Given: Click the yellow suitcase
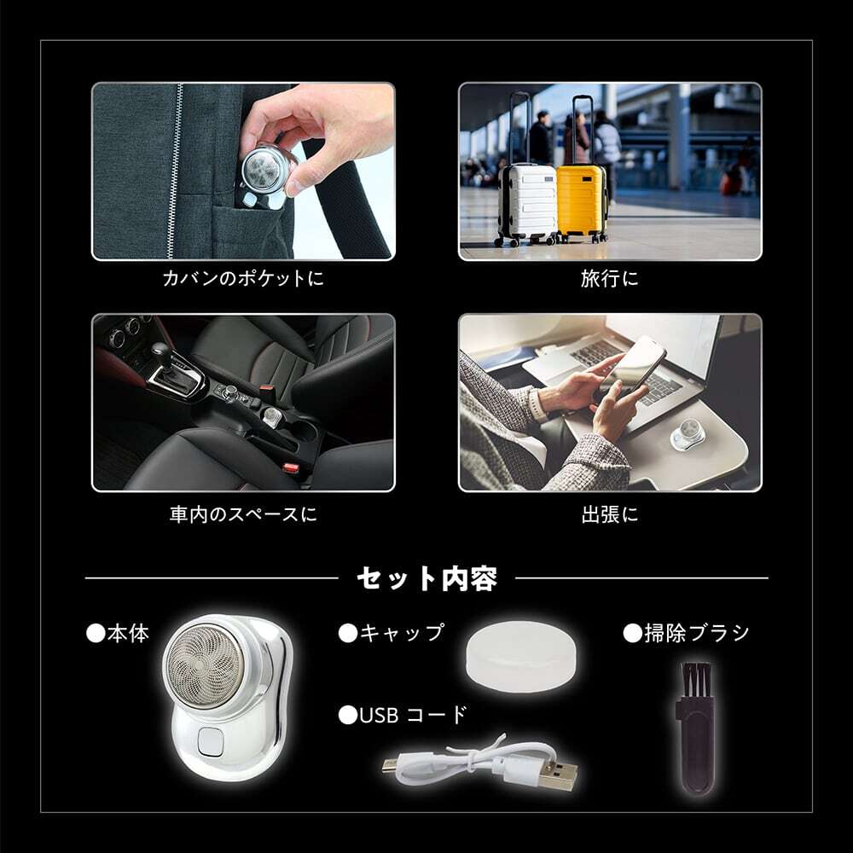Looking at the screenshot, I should pos(581,201).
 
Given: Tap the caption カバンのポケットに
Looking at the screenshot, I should pos(243,278).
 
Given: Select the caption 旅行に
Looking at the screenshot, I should pos(609,278).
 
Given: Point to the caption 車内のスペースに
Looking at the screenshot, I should pos(243,515).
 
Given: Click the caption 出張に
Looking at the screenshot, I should pos(609,515).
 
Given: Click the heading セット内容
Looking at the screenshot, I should pos(426,579).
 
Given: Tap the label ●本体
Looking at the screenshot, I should pos(118,633).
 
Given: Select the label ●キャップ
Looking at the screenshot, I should pos(392,633).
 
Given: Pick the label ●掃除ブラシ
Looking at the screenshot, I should pos(686,633).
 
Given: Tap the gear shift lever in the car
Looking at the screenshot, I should pos(160,356).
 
